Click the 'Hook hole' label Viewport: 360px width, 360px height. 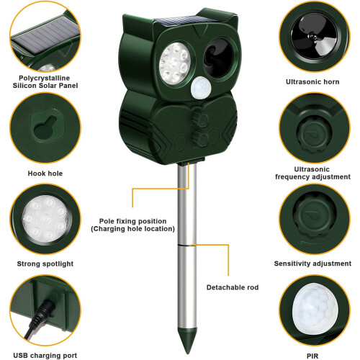pos(45,174)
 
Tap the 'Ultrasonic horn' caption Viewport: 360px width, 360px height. pos(312,82)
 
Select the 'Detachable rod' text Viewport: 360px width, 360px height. pos(233,287)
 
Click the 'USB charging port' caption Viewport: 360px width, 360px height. pos(45,356)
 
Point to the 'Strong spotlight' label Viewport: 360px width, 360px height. pos(45,264)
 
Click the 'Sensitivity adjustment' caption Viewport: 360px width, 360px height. pos(312,264)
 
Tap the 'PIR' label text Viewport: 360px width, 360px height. pos(312,356)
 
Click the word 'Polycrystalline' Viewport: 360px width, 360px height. pos(45,78)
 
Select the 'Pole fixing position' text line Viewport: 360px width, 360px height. pos(132,221)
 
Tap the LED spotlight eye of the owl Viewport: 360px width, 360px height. pos(175,63)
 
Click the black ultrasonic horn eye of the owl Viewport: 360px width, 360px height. pos(218,58)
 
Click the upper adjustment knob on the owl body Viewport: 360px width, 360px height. pos(200,118)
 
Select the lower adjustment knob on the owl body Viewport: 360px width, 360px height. pos(201,138)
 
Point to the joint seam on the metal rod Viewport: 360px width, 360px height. pos(186,245)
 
